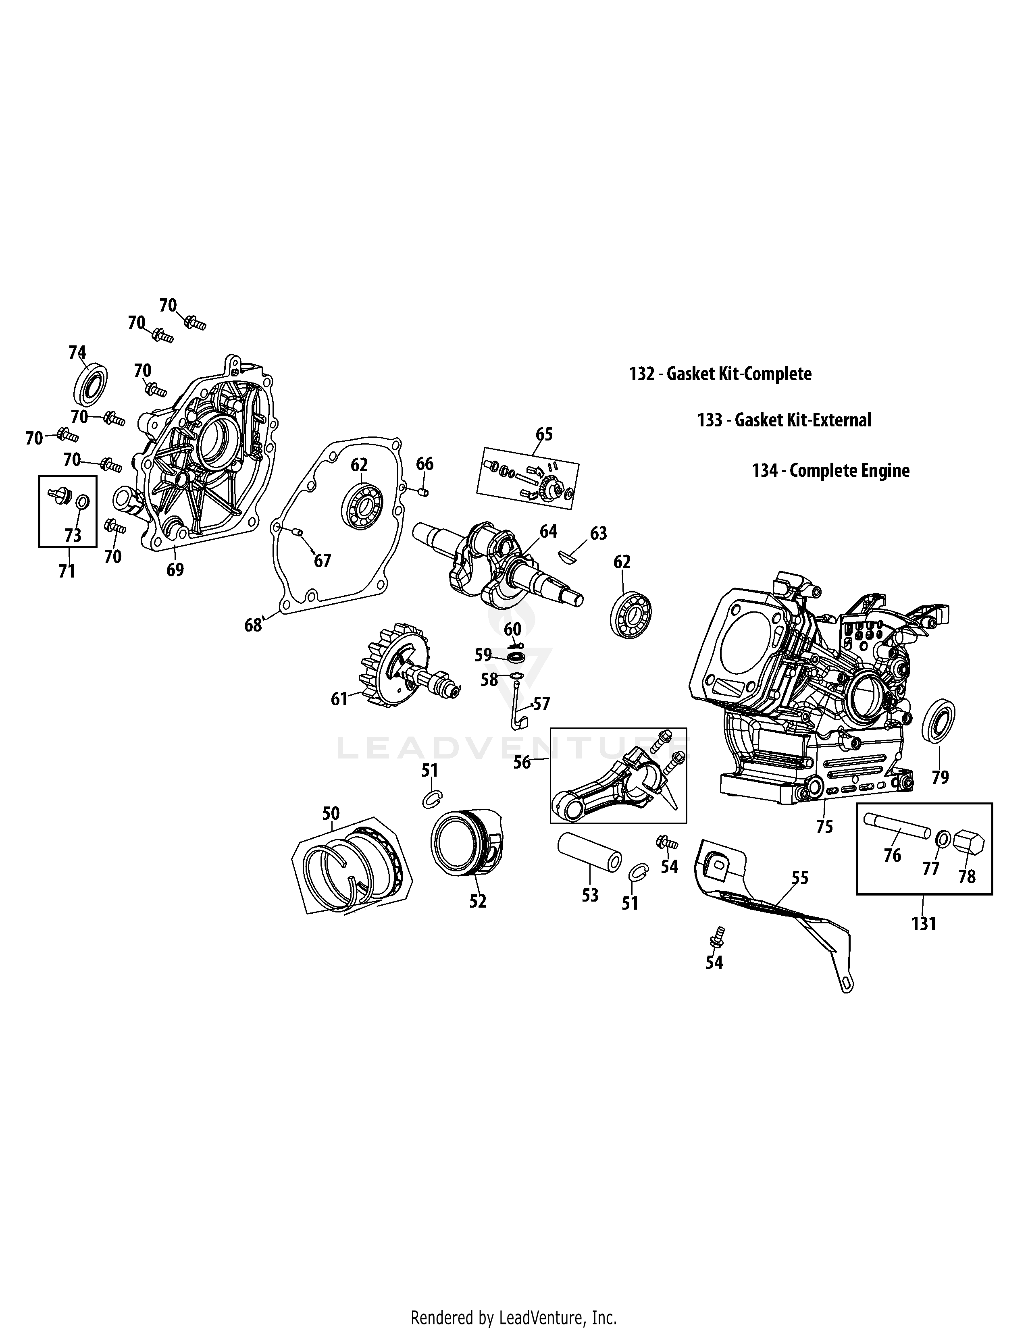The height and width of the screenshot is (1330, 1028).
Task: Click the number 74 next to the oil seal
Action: [x=77, y=353]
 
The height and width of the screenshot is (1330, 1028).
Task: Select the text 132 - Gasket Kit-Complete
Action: [x=720, y=374]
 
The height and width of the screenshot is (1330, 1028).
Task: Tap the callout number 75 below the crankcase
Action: [x=824, y=827]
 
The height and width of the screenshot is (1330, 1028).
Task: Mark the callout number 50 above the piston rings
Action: [x=331, y=813]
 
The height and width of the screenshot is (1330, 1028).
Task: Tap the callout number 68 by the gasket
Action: [x=253, y=625]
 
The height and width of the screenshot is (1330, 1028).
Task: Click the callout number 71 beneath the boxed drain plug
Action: [x=67, y=571]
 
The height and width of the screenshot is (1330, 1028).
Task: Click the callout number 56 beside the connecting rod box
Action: [x=522, y=762]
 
